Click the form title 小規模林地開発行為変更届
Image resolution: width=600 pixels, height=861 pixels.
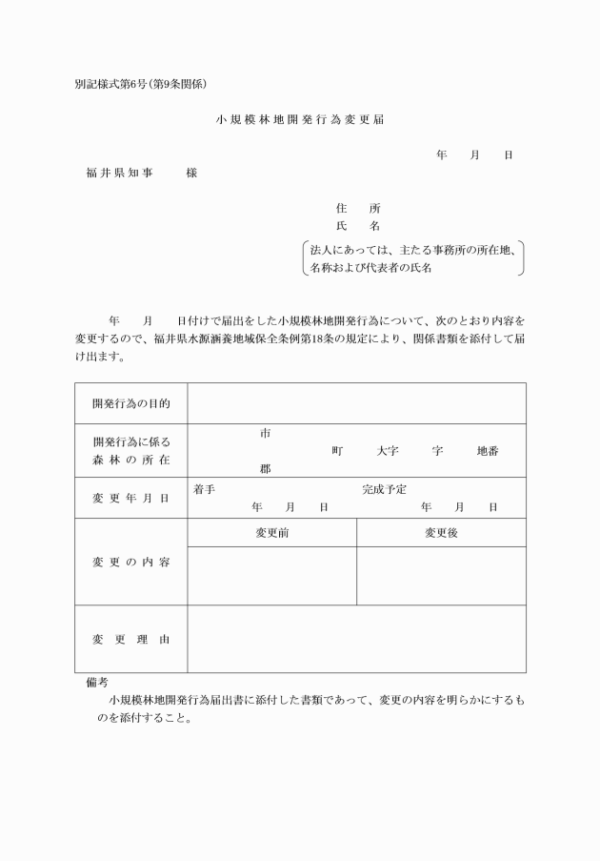click(x=300, y=121)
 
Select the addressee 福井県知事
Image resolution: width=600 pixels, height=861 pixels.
click(x=119, y=173)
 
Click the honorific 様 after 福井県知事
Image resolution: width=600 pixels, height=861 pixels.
click(x=191, y=173)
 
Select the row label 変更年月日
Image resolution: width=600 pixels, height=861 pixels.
click(x=131, y=498)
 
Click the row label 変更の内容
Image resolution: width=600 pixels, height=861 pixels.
click(x=131, y=563)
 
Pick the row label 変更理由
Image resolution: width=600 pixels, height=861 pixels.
click(x=131, y=639)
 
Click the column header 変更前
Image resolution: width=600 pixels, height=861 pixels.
click(x=272, y=533)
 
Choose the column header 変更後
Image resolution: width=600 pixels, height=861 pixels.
click(x=441, y=533)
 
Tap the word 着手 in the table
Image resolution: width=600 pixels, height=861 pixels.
click(x=204, y=489)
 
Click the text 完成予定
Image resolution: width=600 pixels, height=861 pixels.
click(x=385, y=489)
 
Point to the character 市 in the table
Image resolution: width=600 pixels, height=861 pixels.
click(x=265, y=433)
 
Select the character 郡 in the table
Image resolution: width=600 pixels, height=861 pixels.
click(x=265, y=468)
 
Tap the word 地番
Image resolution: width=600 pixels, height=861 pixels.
click(x=487, y=450)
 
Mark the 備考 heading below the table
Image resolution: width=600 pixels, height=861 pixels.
click(x=96, y=683)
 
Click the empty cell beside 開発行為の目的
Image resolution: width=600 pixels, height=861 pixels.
click(x=356, y=403)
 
